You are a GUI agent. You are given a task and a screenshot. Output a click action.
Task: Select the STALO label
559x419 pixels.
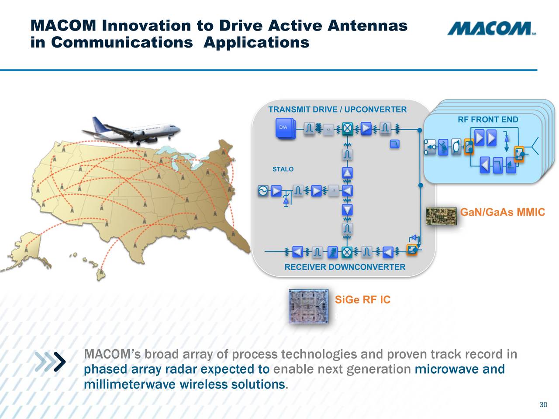pos(283,169)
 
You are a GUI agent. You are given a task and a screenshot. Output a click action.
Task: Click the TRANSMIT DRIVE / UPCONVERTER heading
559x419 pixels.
pos(337,110)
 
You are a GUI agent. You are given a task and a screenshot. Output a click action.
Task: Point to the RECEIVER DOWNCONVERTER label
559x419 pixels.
pos(345,267)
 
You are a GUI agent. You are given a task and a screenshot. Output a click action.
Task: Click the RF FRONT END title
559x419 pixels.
pos(488,120)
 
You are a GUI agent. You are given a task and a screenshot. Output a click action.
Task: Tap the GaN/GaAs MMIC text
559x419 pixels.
pos(503,213)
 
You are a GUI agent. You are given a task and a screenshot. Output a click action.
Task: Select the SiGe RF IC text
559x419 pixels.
pos(362,300)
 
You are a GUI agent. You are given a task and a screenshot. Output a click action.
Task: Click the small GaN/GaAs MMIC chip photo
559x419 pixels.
pos(441,216)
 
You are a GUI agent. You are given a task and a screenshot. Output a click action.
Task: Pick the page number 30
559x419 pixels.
pos(543,405)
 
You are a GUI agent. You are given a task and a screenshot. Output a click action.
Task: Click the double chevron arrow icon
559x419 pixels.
pos(51,361)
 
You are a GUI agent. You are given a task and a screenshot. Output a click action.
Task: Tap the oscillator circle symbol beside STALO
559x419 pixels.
pos(263,191)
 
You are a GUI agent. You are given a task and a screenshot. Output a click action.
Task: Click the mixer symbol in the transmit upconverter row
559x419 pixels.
pos(347,128)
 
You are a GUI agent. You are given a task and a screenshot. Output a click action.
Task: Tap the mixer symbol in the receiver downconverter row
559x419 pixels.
pos(347,252)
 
